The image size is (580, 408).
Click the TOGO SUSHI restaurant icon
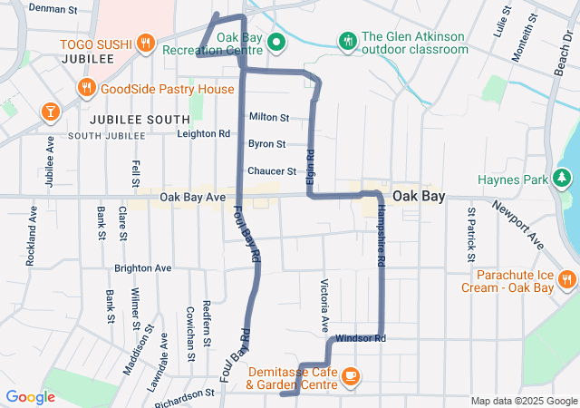(145, 44)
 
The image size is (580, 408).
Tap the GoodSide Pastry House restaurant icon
(86, 88)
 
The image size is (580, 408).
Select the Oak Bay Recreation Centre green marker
(278, 42)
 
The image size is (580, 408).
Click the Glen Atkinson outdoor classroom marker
(347, 42)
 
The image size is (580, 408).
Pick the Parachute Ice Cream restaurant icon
(567, 278)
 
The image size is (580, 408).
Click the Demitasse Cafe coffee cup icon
(351, 375)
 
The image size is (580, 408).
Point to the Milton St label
(268, 118)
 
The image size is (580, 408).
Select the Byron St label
(267, 144)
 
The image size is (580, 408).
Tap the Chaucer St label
(272, 170)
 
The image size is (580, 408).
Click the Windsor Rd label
(361, 338)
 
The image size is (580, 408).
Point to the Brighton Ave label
(143, 269)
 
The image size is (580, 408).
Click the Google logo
(30, 396)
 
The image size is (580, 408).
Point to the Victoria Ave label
(324, 305)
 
